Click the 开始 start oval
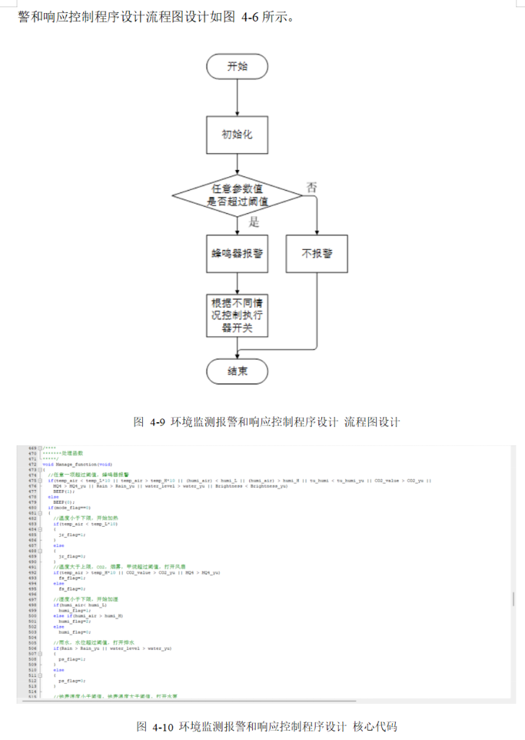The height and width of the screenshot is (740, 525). coord(237,66)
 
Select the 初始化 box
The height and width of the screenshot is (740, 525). coord(237,134)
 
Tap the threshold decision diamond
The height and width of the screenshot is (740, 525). coord(237,194)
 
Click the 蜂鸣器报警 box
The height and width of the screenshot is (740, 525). coord(237,254)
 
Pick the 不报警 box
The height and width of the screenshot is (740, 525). coord(317,254)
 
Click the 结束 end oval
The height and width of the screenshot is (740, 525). coord(237,371)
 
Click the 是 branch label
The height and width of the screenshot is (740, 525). coord(253,222)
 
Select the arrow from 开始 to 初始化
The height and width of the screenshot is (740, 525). coord(237,98)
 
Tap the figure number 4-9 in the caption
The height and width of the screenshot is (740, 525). coord(157,422)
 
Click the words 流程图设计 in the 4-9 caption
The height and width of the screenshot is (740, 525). coord(372,422)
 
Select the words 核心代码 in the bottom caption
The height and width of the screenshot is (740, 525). coord(375,726)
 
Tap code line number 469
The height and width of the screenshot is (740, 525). coord(32,449)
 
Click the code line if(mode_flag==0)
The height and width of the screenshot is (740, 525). coord(69,508)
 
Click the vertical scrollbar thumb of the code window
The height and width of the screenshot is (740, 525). coord(513,599)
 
